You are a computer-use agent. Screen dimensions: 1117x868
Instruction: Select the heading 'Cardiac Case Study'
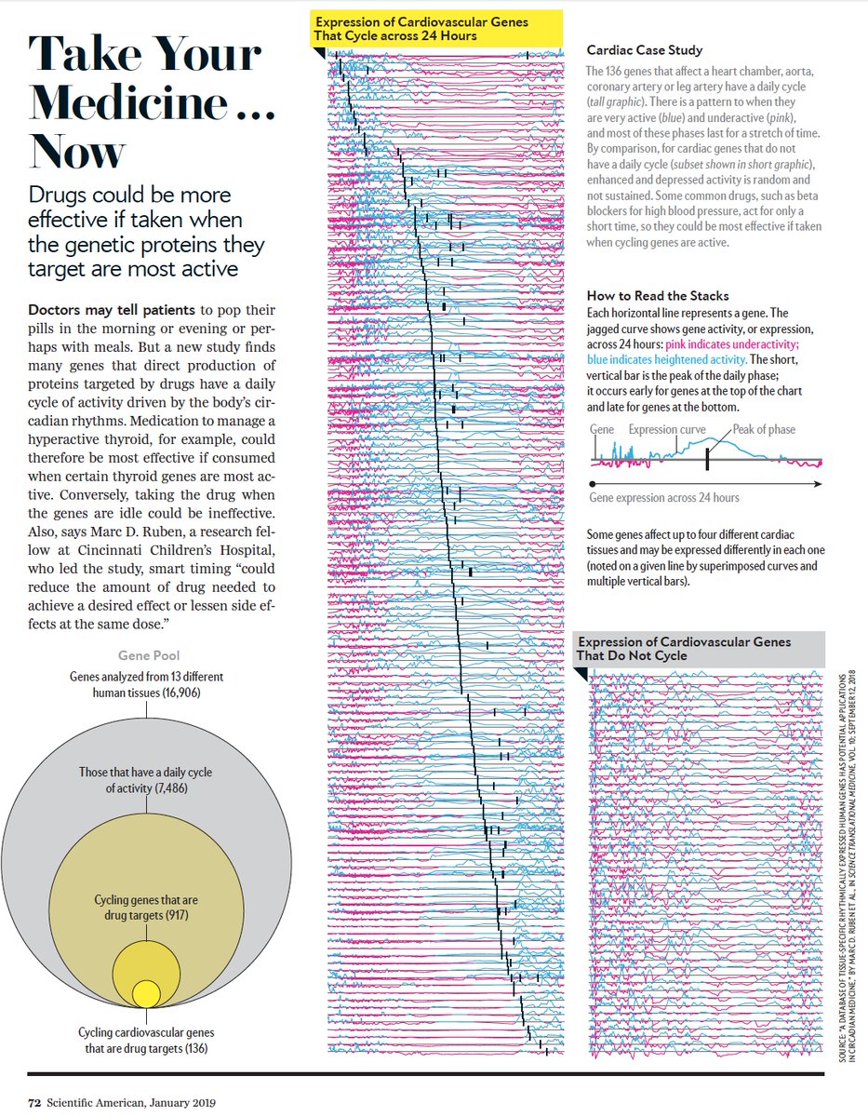coord(645,50)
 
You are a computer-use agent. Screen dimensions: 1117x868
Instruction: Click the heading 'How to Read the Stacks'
coord(658,296)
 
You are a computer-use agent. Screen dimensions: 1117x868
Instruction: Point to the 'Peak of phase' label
coord(764,429)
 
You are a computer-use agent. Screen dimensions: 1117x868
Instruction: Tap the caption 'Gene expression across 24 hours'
coord(664,498)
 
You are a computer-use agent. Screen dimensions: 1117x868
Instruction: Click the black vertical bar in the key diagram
coord(707,458)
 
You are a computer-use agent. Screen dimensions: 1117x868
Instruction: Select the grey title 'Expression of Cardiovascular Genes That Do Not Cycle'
coord(684,649)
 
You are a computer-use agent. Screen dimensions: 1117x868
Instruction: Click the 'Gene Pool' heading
coord(149,656)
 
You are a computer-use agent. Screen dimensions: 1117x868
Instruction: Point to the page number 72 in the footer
coord(34,1103)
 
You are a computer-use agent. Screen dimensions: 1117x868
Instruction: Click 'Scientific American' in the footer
coord(98,1103)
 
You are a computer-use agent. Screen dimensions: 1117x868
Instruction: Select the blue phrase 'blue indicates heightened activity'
coord(666,359)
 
